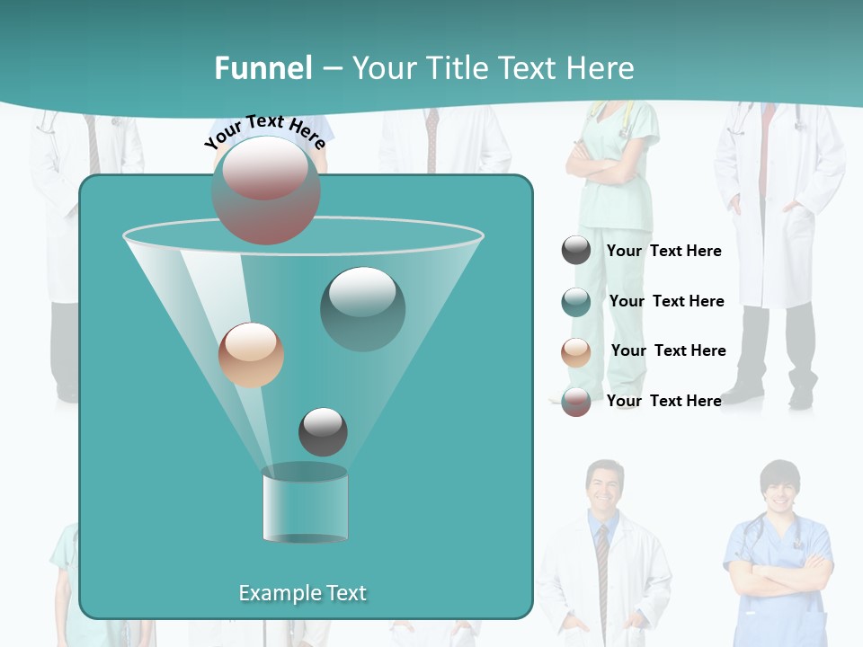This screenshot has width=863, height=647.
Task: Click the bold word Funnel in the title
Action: point(263,68)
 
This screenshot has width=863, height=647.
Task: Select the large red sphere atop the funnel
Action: point(265,190)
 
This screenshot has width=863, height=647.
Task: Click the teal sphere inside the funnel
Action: point(363,308)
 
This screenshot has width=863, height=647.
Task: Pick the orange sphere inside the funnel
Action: point(251,355)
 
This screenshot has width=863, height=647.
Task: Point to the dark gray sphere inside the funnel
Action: point(323,431)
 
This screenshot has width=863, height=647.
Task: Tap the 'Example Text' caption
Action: point(302,593)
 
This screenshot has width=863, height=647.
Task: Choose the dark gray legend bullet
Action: point(576,250)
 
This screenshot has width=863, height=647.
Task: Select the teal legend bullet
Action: point(576,301)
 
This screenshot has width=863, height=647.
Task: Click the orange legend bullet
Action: point(576,351)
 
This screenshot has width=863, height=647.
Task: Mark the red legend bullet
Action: point(576,402)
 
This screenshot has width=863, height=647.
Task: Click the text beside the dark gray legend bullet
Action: point(664,251)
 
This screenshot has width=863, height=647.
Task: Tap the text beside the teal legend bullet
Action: point(666,301)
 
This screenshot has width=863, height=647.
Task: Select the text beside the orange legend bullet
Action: point(668,350)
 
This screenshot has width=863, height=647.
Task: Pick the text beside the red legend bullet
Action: point(664,401)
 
